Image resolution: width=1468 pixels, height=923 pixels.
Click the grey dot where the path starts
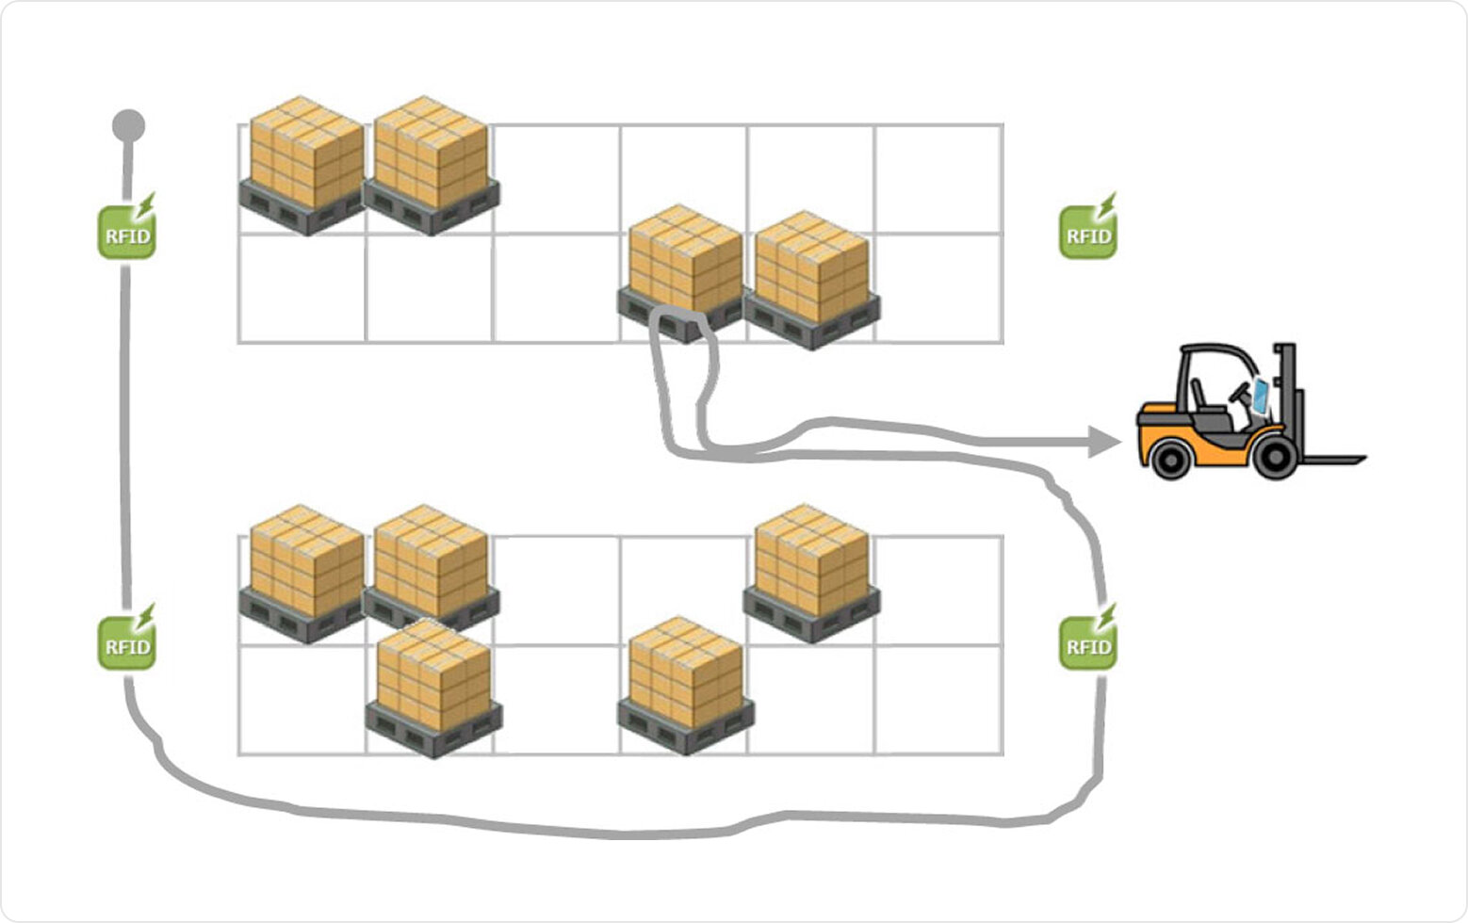[x=129, y=124]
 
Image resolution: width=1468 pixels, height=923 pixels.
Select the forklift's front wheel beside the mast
[x=1276, y=456]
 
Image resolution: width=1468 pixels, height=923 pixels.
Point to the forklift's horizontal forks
[x=1333, y=460]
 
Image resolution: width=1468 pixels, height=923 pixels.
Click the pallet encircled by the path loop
[x=684, y=268]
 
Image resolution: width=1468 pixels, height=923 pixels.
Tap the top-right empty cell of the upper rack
[x=938, y=179]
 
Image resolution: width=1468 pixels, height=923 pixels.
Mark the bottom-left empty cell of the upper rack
[x=302, y=288]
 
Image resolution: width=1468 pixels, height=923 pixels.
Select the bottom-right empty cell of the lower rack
[x=938, y=699]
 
